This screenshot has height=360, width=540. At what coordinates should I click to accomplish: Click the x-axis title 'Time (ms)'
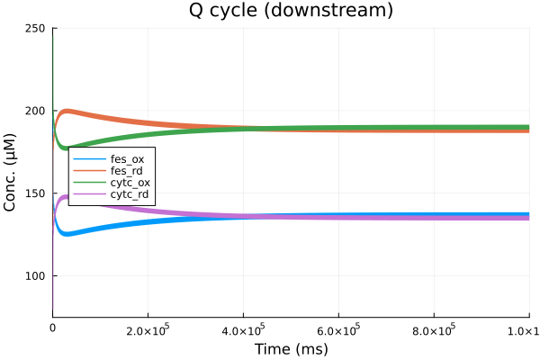click(291, 349)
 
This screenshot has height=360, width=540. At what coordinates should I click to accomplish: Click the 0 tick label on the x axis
click(53, 329)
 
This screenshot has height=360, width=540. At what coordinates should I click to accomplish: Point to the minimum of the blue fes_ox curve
click(66, 233)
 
